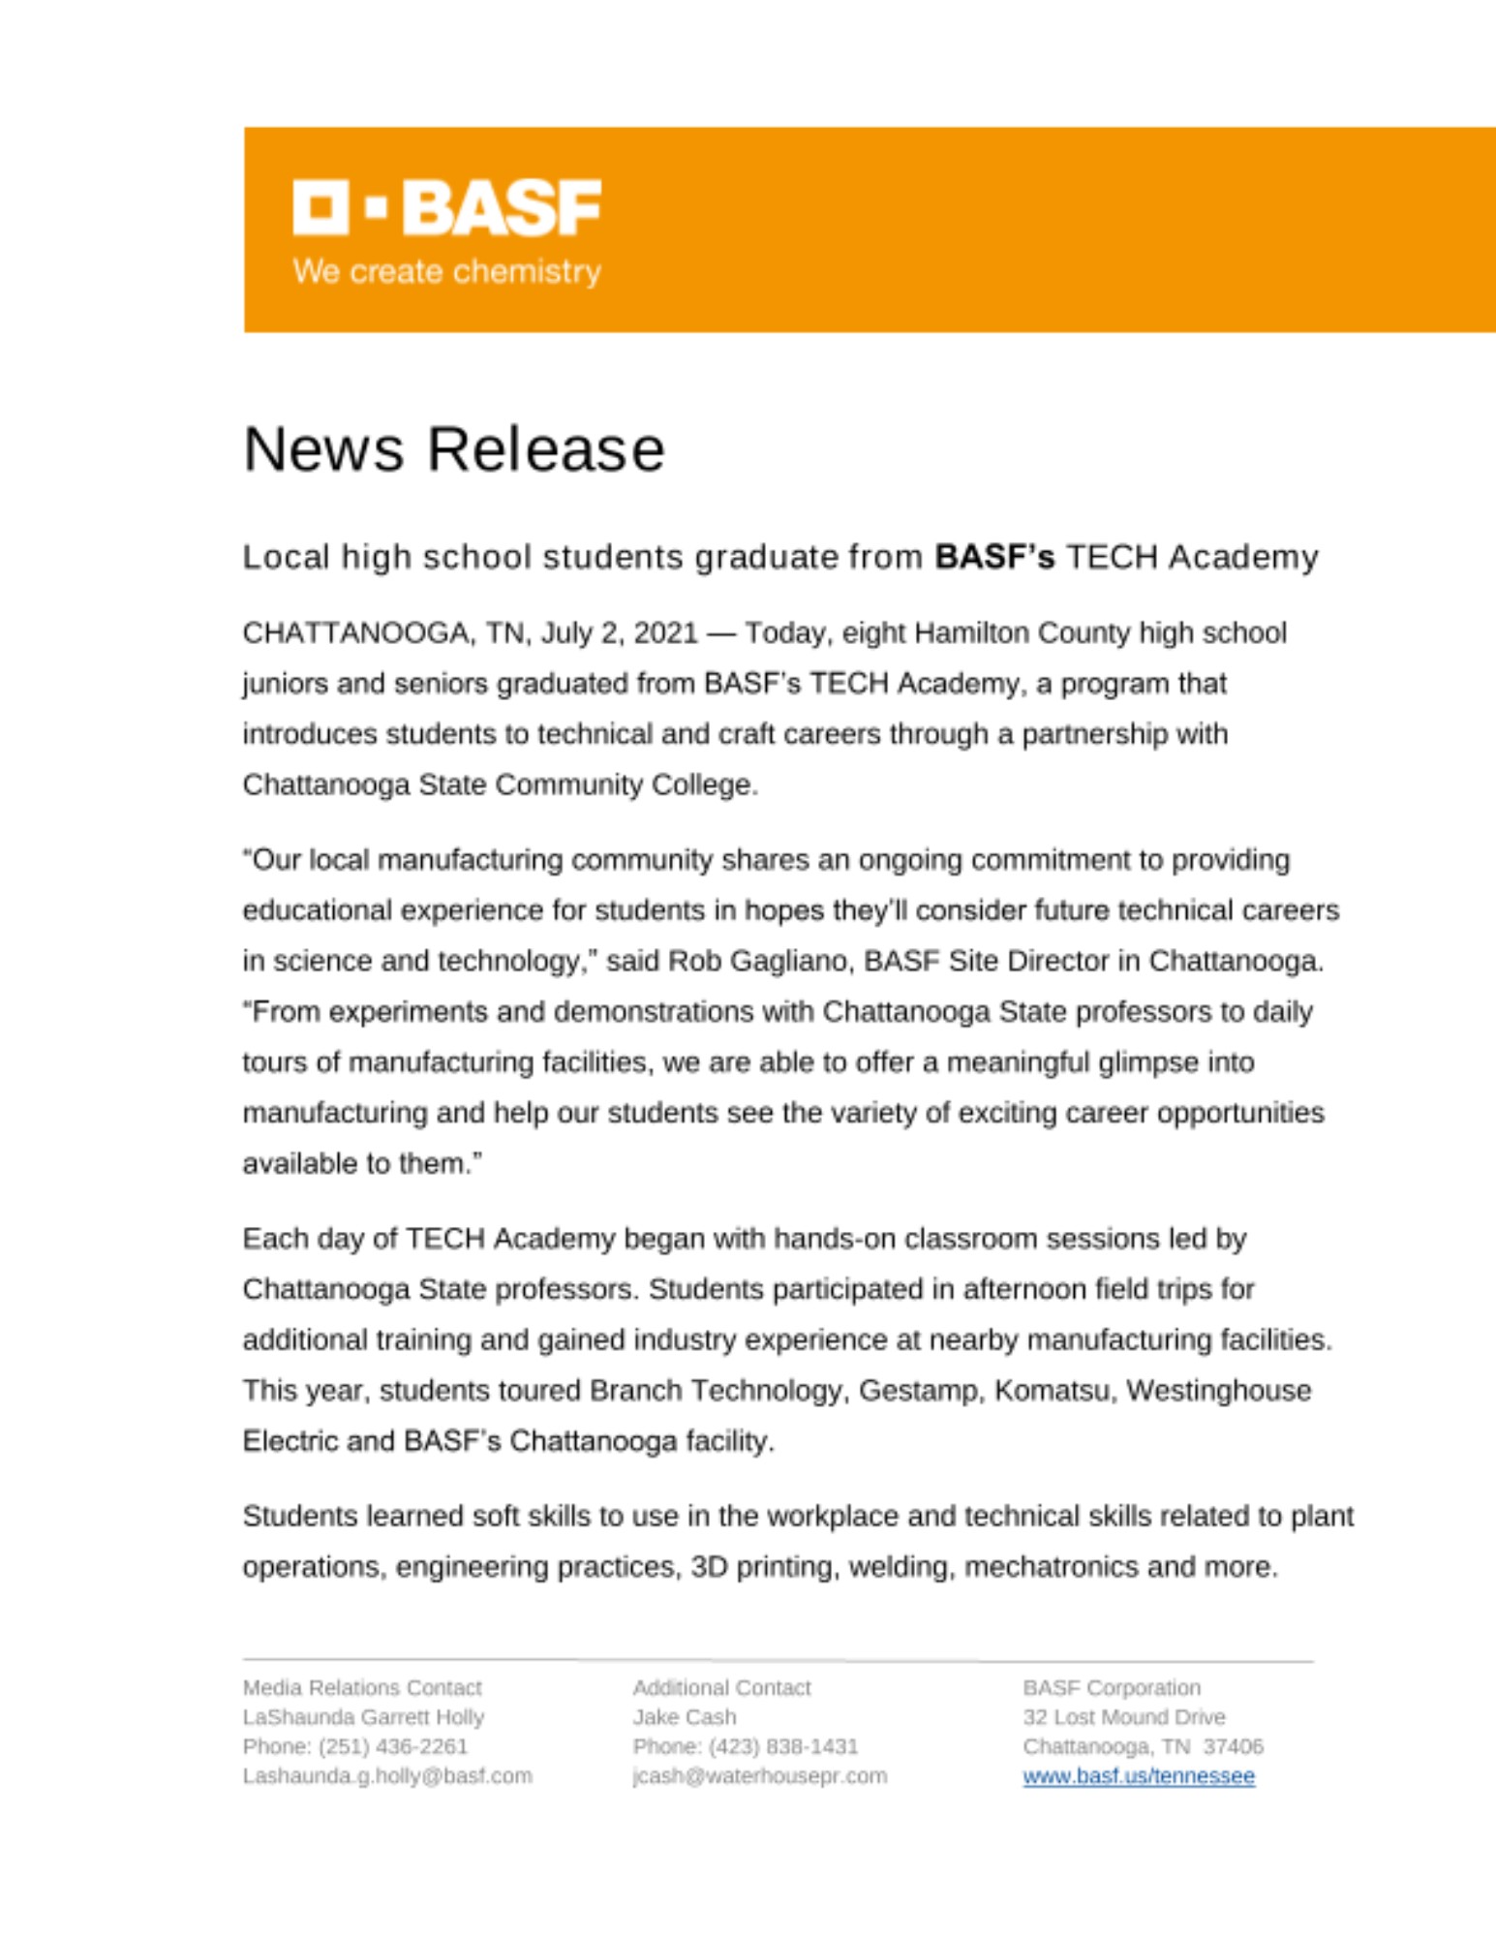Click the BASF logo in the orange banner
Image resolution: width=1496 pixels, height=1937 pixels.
(446, 207)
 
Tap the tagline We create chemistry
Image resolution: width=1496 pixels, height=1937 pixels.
(446, 272)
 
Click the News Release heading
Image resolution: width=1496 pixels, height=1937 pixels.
(453, 449)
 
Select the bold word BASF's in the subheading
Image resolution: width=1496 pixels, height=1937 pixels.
(993, 557)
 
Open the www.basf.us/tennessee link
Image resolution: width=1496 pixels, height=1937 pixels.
(1139, 1776)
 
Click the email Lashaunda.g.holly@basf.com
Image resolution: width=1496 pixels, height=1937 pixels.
(387, 1776)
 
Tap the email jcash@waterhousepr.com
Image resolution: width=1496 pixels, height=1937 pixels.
(759, 1776)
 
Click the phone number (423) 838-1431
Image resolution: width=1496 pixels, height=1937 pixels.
(783, 1746)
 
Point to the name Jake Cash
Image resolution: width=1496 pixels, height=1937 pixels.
(685, 1717)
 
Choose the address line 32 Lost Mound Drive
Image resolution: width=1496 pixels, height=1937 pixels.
(1123, 1717)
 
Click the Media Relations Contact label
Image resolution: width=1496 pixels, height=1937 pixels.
(362, 1687)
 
